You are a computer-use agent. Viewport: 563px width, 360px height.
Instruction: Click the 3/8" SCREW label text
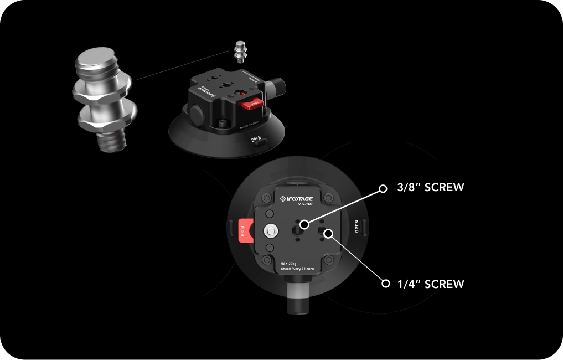point(430,187)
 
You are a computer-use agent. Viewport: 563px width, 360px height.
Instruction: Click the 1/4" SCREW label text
point(430,284)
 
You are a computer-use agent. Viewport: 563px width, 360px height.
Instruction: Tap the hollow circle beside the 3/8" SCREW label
point(383,188)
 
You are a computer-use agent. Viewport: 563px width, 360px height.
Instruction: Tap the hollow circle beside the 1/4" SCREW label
point(386,284)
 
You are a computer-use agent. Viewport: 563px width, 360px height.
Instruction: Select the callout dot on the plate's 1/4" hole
point(328,233)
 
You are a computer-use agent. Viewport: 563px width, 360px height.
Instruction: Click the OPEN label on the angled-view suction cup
point(256,140)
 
